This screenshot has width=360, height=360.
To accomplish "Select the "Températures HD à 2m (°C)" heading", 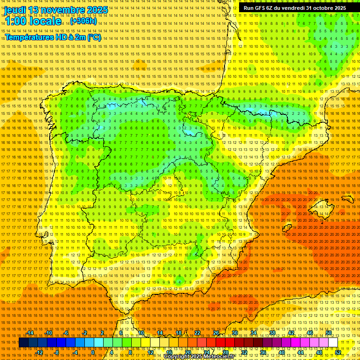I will [53, 37].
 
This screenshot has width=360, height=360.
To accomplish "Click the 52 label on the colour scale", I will [338, 352].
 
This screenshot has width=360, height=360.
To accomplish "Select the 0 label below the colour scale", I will [93, 352].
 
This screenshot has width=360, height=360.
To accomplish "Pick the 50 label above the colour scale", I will [329, 333].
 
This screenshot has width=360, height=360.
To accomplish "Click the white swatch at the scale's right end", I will [333, 343].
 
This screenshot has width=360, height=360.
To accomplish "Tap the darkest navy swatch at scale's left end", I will [23, 343].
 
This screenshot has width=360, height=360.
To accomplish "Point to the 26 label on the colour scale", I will [216, 333].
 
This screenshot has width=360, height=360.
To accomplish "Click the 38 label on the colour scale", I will [272, 333].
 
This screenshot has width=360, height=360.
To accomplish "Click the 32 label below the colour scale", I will [244, 352].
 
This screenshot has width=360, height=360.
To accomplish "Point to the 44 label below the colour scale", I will [300, 352].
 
